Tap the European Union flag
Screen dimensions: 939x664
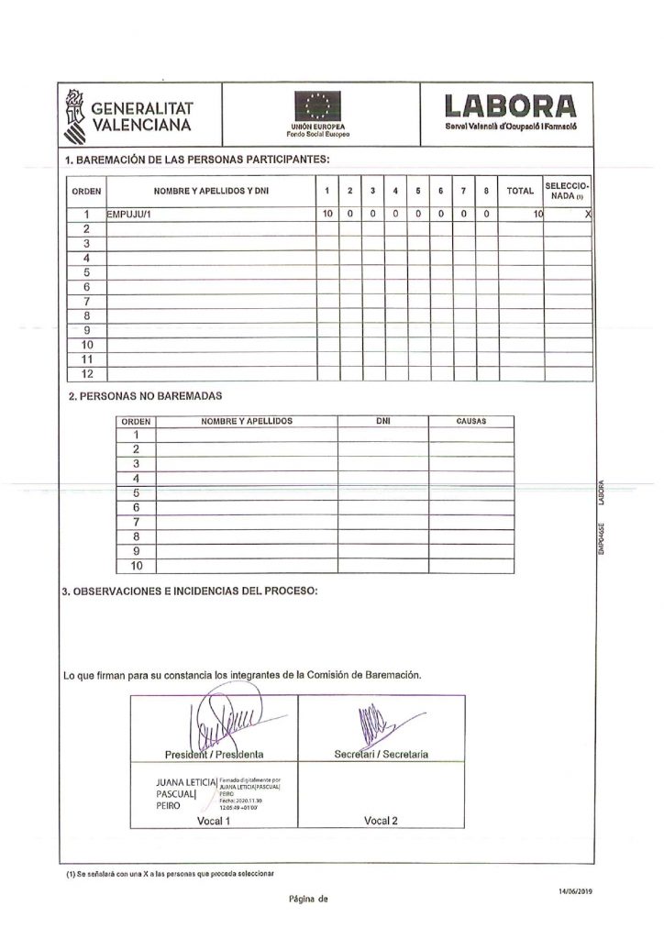317,105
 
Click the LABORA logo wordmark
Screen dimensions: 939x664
510,105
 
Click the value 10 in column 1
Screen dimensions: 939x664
326,214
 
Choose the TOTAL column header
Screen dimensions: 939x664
520,191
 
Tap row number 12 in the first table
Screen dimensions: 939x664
89,374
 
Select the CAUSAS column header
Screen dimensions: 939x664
470,422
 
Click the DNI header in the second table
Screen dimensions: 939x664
382,422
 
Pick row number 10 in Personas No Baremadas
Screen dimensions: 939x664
136,566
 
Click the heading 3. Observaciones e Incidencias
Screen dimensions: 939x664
190,591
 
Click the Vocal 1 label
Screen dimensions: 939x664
214,822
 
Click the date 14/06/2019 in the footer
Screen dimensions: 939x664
574,890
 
